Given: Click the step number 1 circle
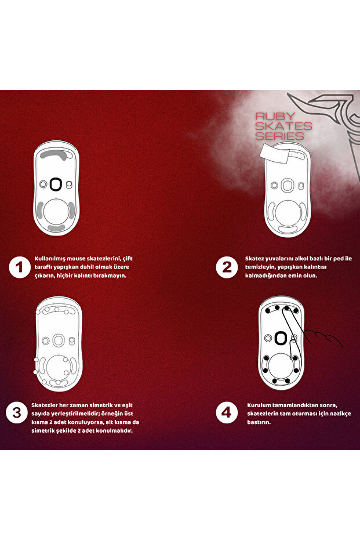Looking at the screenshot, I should (20, 267).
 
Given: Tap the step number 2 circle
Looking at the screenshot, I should (225, 267).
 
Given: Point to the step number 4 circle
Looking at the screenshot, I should (226, 413).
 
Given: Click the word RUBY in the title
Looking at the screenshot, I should (275, 116).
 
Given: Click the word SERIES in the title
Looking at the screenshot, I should (280, 136).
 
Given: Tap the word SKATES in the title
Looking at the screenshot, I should (284, 126).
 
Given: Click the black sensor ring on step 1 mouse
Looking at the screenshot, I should (56, 184).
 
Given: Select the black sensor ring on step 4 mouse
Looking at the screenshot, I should (281, 338).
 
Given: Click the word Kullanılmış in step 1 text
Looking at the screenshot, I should (53, 258).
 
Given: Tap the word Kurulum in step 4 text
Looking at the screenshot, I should (260, 404).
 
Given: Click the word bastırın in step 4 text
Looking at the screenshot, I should (261, 422).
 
